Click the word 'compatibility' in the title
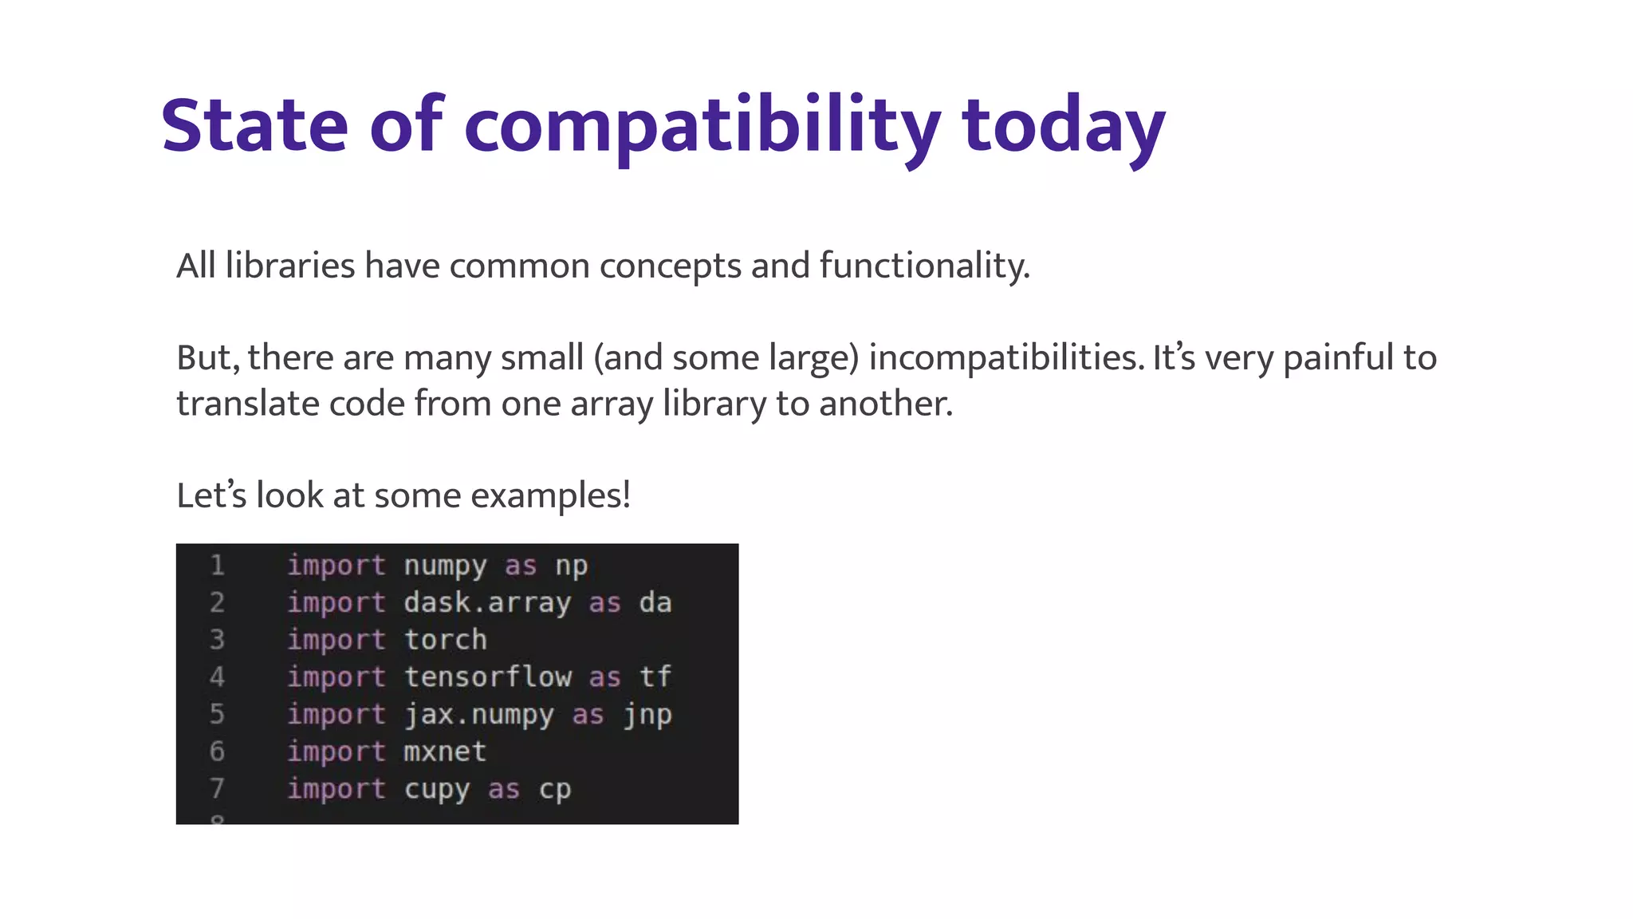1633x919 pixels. pos(702,126)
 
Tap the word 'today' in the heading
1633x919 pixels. pos(1064,126)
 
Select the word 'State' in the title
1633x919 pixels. pos(254,126)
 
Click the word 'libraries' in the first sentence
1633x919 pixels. pos(289,266)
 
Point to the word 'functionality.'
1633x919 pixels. pos(924,266)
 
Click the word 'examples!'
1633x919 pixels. pos(550,495)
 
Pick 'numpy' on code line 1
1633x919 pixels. pos(445,566)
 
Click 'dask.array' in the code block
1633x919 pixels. pos(487,602)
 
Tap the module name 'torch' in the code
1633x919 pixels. pos(445,640)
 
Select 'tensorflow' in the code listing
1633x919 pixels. pos(487,677)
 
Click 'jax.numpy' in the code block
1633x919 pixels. pos(478,715)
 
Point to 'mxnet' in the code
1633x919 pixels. pos(445,751)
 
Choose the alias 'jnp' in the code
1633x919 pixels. pos(647,715)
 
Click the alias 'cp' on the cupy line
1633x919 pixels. pos(554,789)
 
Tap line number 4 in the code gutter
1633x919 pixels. pos(217,677)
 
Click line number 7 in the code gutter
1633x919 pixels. pos(217,789)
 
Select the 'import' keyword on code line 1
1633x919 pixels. pos(336,566)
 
